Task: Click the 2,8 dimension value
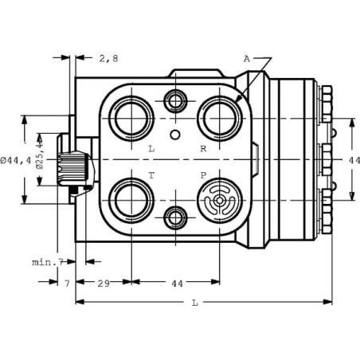108,58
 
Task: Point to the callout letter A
247,59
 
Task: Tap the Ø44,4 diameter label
16,160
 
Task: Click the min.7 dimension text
48,262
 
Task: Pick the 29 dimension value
104,284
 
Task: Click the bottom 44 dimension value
177,284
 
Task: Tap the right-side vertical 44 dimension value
354,160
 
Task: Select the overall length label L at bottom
195,303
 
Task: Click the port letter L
151,149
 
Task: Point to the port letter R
203,149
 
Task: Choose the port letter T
151,175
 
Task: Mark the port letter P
203,175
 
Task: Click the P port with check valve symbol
220,201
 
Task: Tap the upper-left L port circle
131,119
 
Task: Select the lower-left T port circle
131,201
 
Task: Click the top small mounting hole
175,101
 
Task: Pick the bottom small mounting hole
175,218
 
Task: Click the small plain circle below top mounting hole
175,135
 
